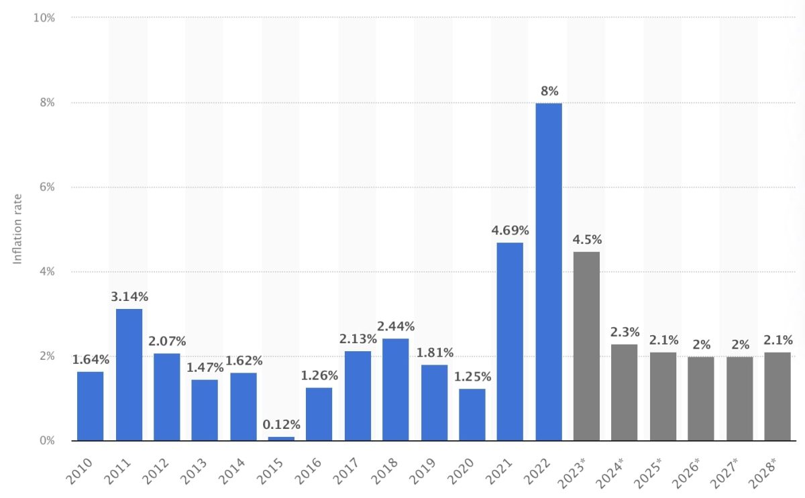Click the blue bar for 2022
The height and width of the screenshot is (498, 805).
tap(549, 271)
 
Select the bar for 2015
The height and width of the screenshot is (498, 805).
tap(281, 438)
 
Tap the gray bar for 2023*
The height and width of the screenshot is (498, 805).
tap(586, 346)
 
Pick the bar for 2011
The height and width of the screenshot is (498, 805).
tap(129, 374)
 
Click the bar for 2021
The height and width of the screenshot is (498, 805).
tap(510, 341)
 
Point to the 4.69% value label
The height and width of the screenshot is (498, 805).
tap(510, 231)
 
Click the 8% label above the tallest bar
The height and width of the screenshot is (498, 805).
tap(549, 91)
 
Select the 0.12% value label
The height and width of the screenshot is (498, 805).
tap(281, 424)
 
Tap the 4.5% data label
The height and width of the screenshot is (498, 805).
tap(587, 239)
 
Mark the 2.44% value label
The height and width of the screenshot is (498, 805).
tap(396, 326)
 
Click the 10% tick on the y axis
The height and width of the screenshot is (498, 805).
tap(44, 17)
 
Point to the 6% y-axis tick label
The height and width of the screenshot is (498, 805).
tap(46, 187)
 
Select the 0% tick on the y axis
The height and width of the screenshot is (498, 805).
tap(46, 440)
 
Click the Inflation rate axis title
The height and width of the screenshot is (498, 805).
tap(18, 229)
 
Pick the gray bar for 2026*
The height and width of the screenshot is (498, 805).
tap(701, 398)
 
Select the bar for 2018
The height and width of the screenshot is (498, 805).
tap(396, 389)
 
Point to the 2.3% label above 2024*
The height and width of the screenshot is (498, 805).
tap(625, 332)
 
